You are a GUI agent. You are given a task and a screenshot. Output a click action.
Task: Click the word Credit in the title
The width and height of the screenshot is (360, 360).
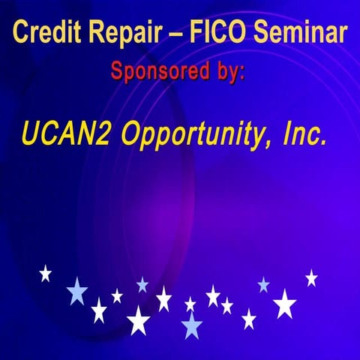click(x=45, y=33)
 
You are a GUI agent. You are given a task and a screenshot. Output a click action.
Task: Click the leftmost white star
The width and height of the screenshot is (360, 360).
click(x=45, y=273)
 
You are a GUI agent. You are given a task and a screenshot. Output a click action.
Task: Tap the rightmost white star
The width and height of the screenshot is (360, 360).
click(x=311, y=277)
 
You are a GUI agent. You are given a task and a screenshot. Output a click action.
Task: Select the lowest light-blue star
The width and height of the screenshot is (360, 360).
click(x=192, y=325)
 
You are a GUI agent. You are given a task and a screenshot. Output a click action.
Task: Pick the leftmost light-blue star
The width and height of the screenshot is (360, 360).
click(x=76, y=291)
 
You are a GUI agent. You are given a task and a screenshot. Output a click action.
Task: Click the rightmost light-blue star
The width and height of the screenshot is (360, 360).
click(x=263, y=284)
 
